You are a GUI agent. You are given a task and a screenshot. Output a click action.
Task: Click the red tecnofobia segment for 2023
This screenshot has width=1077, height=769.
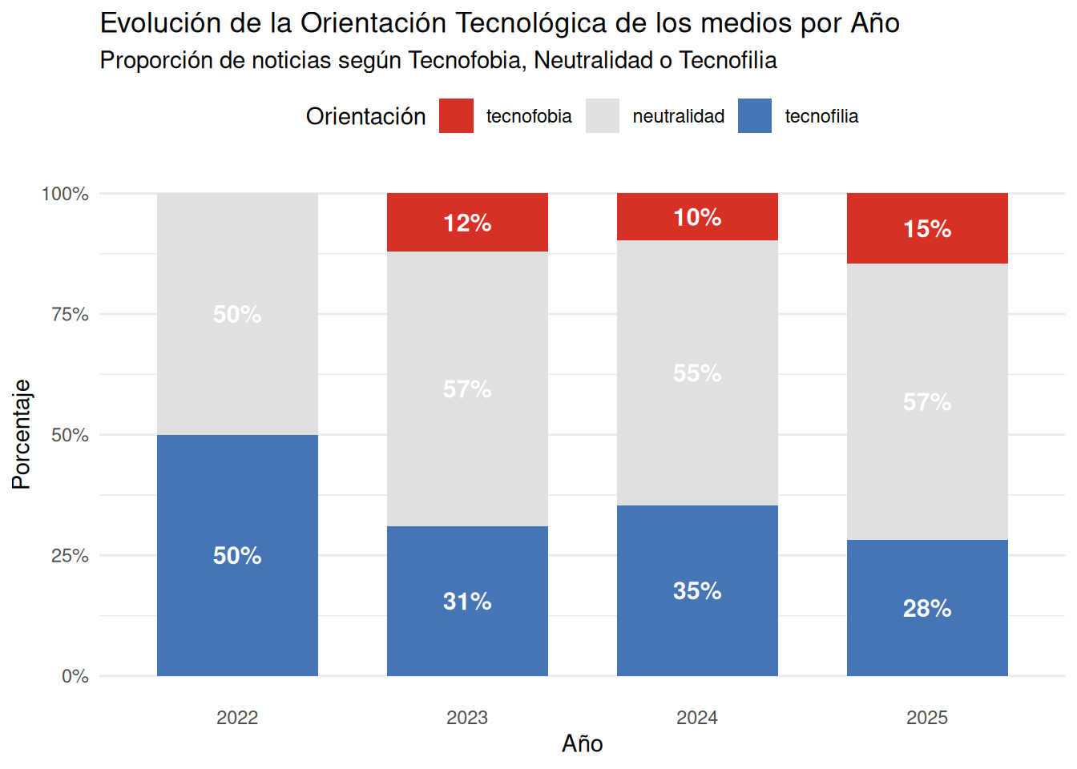[x=467, y=223]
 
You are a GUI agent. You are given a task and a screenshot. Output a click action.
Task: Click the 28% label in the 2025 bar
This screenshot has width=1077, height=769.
[x=927, y=609]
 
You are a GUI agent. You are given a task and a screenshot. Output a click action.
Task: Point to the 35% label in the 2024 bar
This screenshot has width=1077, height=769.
[x=697, y=591]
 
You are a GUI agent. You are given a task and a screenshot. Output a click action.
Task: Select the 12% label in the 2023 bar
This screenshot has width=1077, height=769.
[x=467, y=223]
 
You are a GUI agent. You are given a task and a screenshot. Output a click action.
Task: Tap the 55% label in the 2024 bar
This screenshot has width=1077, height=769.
[x=697, y=373]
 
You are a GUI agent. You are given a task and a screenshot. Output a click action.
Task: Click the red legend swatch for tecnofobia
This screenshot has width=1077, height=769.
[x=456, y=116]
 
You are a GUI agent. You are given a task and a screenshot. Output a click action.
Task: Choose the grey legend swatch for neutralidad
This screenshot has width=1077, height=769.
[x=603, y=116]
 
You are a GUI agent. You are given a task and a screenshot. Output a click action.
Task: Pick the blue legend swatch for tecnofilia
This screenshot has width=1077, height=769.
[x=755, y=116]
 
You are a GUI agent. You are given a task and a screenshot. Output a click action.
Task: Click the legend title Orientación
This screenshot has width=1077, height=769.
[x=365, y=117]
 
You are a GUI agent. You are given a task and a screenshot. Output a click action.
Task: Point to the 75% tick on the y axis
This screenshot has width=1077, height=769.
[x=70, y=315]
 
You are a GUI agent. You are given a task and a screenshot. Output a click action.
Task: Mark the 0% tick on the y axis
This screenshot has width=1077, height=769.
[x=75, y=677]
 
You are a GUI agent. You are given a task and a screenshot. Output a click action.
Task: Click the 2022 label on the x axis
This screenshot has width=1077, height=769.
[x=237, y=718]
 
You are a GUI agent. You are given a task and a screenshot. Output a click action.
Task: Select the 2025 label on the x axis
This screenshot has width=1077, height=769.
[x=927, y=718]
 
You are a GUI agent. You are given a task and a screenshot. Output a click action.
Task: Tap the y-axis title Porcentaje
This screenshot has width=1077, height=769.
[x=22, y=434]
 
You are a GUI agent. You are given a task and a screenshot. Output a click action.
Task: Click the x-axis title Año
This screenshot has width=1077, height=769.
[x=583, y=744]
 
